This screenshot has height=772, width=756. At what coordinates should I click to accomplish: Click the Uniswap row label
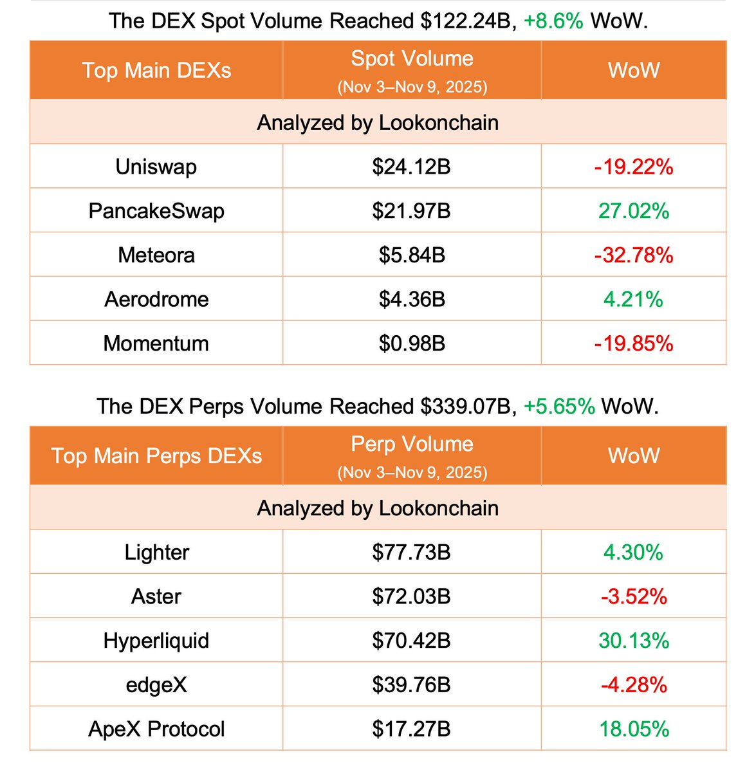(x=156, y=167)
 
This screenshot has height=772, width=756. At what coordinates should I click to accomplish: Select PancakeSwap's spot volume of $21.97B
(x=412, y=211)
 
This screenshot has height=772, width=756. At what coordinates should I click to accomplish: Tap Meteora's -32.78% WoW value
(x=634, y=255)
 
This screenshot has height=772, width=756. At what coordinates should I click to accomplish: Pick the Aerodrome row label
(x=156, y=299)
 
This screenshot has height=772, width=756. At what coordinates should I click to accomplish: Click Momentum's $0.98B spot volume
(x=412, y=344)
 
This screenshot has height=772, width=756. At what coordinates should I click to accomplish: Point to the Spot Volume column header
(x=412, y=59)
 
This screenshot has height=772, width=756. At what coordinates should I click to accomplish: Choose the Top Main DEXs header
(x=156, y=70)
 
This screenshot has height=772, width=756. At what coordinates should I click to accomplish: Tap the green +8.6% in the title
(x=553, y=21)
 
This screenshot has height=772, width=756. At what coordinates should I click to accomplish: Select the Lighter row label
(x=156, y=553)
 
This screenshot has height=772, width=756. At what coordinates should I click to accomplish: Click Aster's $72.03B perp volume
(x=412, y=596)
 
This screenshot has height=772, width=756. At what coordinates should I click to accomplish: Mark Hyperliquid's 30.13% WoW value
(x=634, y=641)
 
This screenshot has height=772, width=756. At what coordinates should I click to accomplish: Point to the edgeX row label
(x=156, y=685)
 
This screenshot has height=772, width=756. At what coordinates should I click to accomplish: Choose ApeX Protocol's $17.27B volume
(x=412, y=729)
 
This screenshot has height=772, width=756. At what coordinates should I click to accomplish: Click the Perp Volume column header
(x=412, y=445)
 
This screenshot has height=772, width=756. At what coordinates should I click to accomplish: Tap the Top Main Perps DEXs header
(x=156, y=456)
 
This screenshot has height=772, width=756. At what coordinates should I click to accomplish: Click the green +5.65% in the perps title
(x=559, y=407)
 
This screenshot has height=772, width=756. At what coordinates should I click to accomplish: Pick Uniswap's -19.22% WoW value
(x=634, y=167)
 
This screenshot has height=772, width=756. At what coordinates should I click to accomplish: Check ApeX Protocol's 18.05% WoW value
(x=634, y=729)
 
